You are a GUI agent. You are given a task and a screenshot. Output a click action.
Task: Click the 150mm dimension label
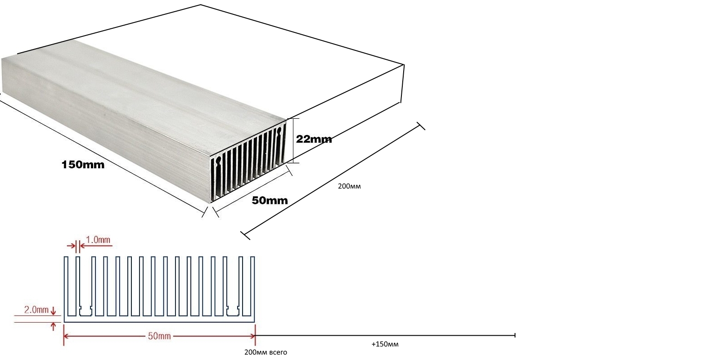tap(83, 165)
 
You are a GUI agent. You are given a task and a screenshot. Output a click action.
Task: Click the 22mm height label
tap(314, 139)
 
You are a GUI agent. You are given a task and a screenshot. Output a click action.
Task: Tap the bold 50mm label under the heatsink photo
tap(270, 200)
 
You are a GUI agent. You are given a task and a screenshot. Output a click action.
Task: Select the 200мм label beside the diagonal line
tap(349, 186)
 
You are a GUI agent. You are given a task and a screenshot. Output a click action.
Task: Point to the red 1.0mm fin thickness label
tap(98, 240)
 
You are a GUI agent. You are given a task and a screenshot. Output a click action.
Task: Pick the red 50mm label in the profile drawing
tap(159, 336)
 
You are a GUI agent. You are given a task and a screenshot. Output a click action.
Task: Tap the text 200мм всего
tap(265, 352)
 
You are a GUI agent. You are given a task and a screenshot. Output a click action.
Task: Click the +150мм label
tap(385, 345)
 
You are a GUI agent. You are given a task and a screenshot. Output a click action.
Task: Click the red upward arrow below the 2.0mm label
tap(54, 326)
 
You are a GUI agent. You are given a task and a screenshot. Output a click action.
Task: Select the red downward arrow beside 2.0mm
tap(54, 310)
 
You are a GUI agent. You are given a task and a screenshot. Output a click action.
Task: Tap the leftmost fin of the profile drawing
tap(66, 286)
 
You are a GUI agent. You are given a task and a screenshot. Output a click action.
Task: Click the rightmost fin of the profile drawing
tap(253, 286)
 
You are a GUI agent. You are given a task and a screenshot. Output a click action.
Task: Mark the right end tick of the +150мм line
tap(515, 335)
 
